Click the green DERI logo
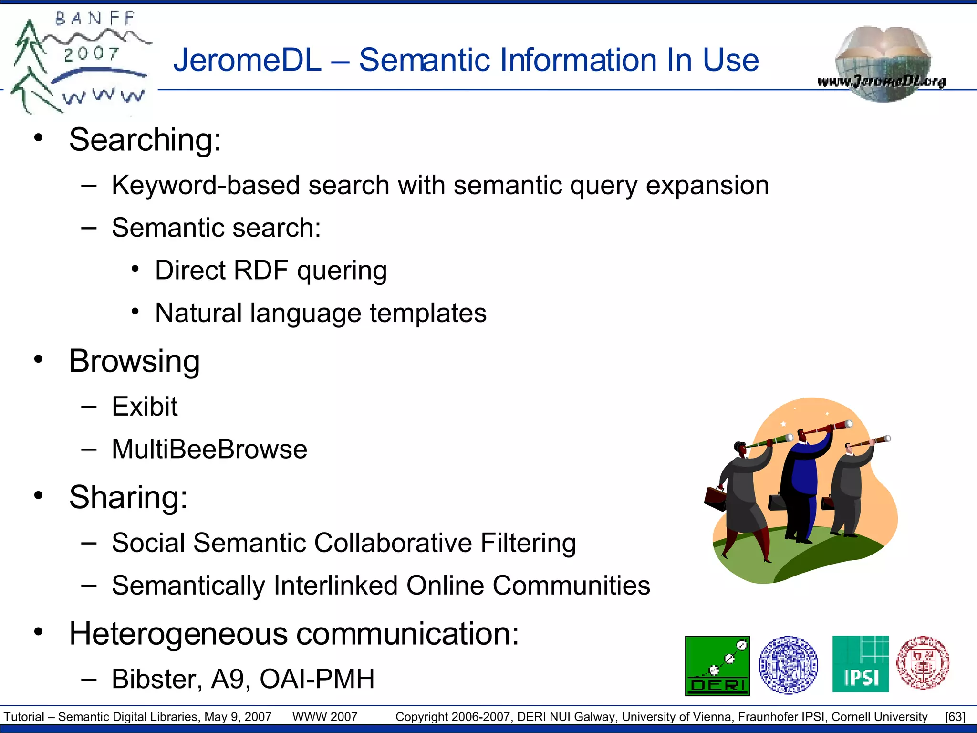click(717, 666)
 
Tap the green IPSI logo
click(860, 664)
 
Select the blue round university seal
click(788, 665)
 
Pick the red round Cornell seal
click(923, 663)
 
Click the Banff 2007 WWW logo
click(79, 62)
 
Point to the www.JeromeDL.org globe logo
click(882, 64)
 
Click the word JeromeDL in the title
click(248, 60)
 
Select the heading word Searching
click(145, 140)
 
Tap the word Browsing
click(135, 361)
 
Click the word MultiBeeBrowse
click(209, 449)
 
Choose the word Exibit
click(145, 407)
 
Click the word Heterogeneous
click(178, 634)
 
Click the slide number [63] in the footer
click(955, 717)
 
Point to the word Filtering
click(528, 543)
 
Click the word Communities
click(571, 586)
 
